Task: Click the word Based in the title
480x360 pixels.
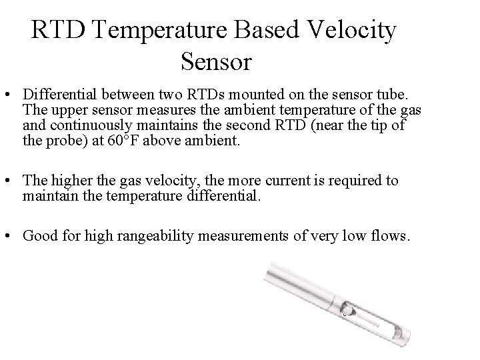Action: click(259, 31)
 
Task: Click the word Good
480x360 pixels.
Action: click(38, 235)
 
